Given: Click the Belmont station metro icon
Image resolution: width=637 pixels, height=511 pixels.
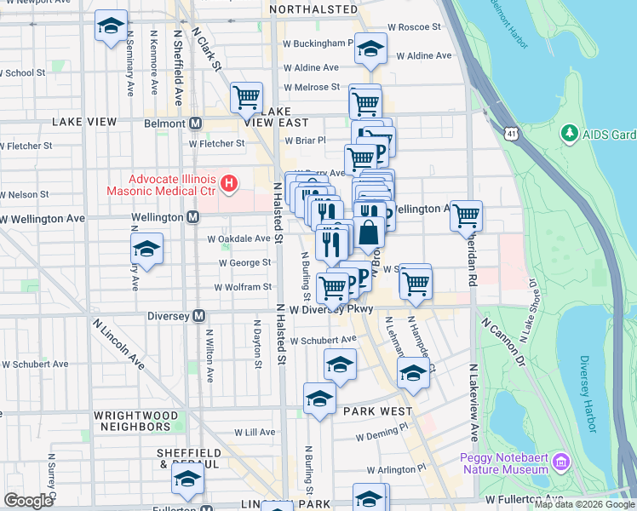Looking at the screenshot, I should (196, 123).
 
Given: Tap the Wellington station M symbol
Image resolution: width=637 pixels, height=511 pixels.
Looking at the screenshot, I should (193, 218).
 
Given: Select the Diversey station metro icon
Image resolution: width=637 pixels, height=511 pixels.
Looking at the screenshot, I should (199, 316).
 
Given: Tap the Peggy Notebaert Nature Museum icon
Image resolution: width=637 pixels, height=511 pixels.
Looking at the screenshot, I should (560, 462).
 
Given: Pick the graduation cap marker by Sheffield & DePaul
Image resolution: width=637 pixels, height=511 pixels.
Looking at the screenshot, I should (187, 481).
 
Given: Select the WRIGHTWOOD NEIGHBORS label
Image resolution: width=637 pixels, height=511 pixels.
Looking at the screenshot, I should (132, 420).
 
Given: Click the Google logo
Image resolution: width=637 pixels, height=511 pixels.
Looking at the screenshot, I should (27, 501).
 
